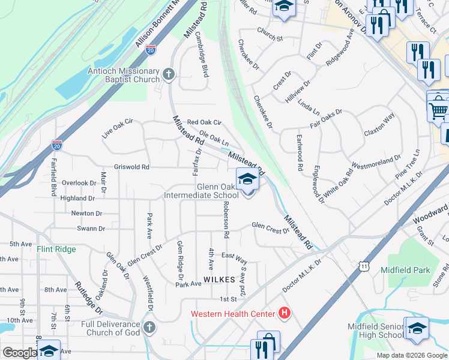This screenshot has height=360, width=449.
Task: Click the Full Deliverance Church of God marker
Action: click(x=149, y=328)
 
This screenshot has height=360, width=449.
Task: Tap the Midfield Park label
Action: click(x=405, y=270)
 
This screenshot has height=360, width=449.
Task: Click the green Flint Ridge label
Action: click(x=56, y=249)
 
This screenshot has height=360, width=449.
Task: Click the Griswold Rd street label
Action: click(x=131, y=167)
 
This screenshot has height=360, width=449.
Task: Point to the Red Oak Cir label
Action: click(x=204, y=122)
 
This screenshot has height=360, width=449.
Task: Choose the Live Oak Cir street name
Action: click(x=117, y=128)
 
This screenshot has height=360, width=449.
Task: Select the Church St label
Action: click(x=270, y=38)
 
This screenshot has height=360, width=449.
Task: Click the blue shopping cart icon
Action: click(x=438, y=110)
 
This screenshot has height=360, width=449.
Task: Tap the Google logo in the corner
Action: click(x=19, y=353)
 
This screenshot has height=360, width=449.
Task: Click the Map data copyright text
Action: click(x=412, y=355)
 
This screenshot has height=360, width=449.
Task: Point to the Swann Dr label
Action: click(x=91, y=229)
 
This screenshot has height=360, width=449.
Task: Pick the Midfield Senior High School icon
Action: click(x=417, y=328)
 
